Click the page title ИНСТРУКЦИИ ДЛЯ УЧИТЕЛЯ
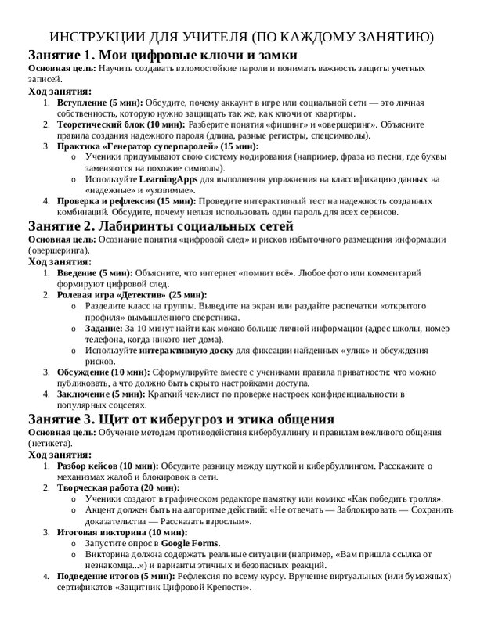point(241,38)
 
